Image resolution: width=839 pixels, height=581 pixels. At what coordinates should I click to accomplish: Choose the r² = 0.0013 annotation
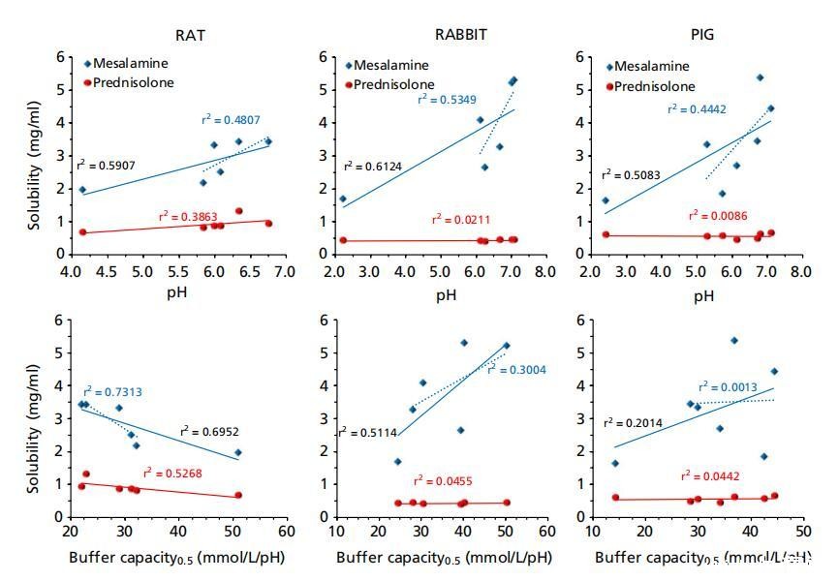pyautogui.click(x=728, y=386)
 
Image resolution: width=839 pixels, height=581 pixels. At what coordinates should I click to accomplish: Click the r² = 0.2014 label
pyautogui.click(x=632, y=422)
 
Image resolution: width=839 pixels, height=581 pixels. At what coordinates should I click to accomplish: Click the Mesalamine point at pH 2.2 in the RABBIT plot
pyautogui.click(x=343, y=199)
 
